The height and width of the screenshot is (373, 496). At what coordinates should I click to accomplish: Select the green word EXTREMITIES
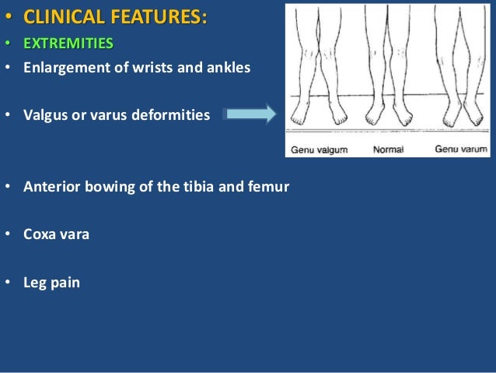[68, 42]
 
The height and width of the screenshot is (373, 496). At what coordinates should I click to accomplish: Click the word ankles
[229, 68]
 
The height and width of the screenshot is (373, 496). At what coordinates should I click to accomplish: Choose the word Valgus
[46, 115]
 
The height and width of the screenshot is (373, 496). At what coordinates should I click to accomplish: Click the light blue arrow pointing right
[250, 114]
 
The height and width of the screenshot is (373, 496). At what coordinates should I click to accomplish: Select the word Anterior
[52, 187]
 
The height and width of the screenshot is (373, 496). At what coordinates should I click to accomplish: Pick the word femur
[270, 187]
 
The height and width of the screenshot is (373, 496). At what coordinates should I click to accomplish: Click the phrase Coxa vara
[57, 234]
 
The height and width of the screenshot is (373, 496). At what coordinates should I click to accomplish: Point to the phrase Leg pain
[52, 283]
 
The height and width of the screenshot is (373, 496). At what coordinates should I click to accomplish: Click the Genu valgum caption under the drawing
[319, 149]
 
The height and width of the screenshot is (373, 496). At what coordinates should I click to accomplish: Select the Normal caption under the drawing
[389, 149]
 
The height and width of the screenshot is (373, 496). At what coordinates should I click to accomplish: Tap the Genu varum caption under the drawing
[461, 149]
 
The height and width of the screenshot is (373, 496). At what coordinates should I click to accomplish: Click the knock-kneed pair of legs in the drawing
[320, 70]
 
